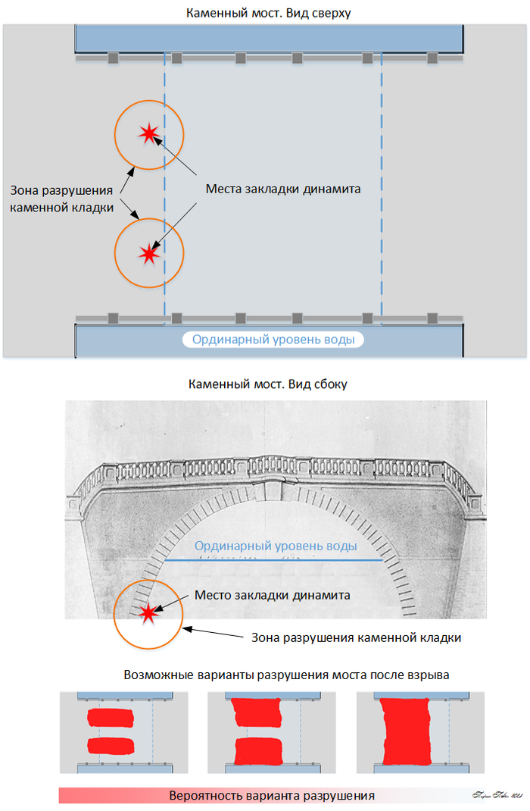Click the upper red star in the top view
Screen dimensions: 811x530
[x=148, y=134]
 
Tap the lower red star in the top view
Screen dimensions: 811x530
[x=148, y=254]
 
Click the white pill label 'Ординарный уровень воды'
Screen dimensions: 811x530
[x=273, y=340]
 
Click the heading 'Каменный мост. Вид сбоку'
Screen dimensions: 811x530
[x=267, y=384]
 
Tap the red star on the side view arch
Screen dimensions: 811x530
[x=148, y=612]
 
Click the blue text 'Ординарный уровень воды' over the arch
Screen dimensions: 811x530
[x=275, y=546]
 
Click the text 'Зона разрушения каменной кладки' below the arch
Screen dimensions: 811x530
[x=356, y=637]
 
